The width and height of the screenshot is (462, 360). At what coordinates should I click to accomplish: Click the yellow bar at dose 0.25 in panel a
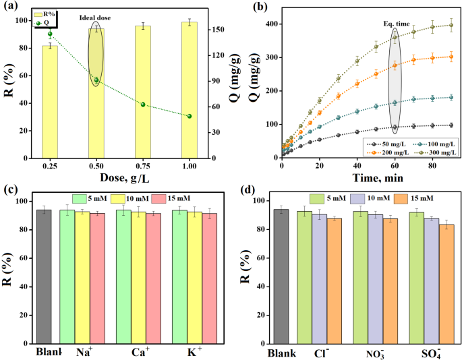click(x=50, y=101)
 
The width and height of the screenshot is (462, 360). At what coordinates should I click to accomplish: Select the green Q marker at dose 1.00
click(x=190, y=116)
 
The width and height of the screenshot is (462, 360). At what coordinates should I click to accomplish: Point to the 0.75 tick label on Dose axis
click(x=143, y=166)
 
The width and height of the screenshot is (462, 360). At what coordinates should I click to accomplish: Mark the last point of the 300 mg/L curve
click(x=451, y=25)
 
